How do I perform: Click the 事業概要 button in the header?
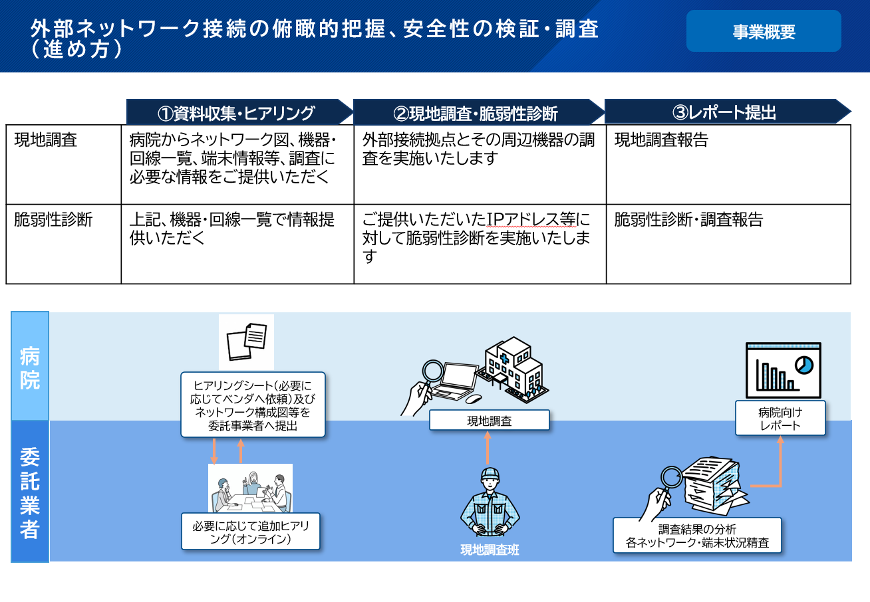point(764,31)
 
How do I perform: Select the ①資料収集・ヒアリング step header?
point(239,112)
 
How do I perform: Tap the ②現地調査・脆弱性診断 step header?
point(478,112)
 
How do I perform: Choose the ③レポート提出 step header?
point(728,112)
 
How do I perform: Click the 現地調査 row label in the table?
point(46,140)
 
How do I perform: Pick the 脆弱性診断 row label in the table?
point(53,219)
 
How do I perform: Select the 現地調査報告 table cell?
point(661,140)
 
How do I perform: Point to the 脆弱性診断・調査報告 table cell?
point(688,219)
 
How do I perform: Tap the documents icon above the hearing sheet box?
point(246,342)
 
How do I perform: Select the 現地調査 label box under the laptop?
point(490,420)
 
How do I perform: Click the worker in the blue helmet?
point(490,502)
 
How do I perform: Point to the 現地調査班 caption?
point(490,550)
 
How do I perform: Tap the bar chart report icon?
point(783,370)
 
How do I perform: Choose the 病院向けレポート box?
point(780,418)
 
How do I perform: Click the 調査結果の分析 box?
point(697,536)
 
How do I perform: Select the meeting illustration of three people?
point(251,488)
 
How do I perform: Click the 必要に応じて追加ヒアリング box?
point(251,532)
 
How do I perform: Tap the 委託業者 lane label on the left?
point(30,492)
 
